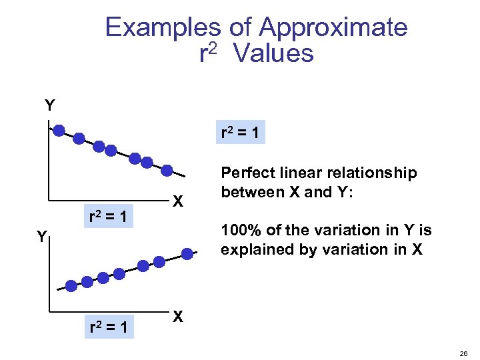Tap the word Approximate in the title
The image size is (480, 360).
(333, 28)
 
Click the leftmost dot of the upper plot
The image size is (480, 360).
(59, 131)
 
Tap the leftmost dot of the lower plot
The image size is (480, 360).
(69, 287)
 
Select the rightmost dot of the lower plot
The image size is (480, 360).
(188, 253)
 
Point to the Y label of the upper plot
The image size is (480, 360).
(50, 105)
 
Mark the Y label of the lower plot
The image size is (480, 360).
(41, 237)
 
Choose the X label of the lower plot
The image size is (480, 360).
(178, 316)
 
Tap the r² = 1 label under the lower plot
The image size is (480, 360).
(111, 327)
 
